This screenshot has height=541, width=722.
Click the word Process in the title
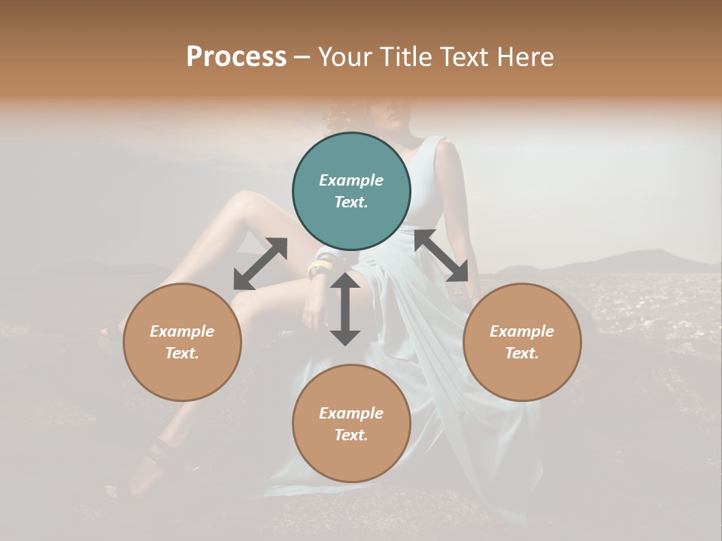[x=236, y=57]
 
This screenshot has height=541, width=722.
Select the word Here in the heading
[x=526, y=57]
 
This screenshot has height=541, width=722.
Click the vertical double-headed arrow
[x=345, y=309]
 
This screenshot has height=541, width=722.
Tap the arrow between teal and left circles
[x=260, y=264]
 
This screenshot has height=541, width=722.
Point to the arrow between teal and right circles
[x=441, y=255]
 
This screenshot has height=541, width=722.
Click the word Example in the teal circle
[x=351, y=180]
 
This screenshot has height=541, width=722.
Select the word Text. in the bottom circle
[x=351, y=435]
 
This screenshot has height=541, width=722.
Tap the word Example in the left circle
[x=182, y=331]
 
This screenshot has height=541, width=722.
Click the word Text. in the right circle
[x=522, y=353]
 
